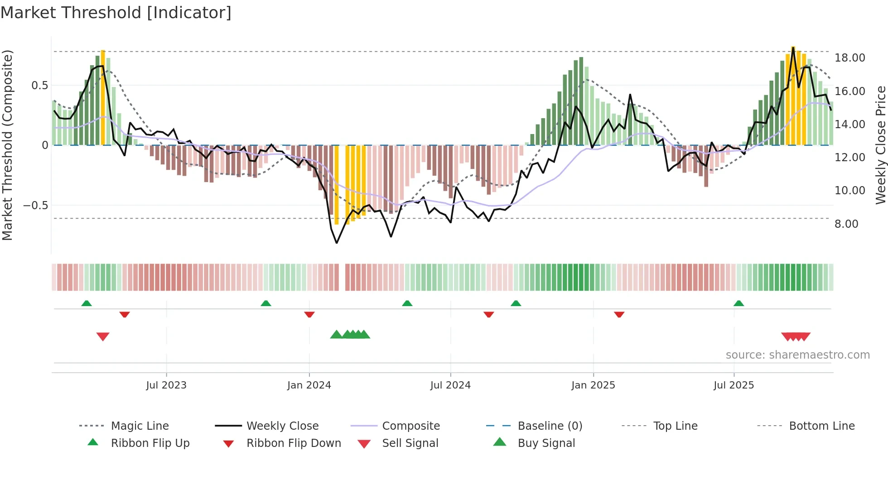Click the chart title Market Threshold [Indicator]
coord(116,13)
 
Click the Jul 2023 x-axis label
coord(166,385)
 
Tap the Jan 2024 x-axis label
coord(309,385)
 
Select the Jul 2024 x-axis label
coord(450,385)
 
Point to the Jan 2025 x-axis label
coord(593,385)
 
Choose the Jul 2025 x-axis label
coord(734,385)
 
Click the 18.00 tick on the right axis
coord(849,58)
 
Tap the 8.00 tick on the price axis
coord(846,224)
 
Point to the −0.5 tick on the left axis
coord(35,206)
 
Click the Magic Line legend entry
coord(140,426)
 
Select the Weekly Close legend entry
coord(282,426)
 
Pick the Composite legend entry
coord(410,426)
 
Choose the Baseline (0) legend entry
coord(550,426)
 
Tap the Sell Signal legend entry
coord(410,443)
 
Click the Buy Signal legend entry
coord(546,443)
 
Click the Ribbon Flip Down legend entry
coord(293,443)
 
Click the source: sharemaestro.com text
coord(797,355)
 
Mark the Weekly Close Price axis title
coord(880,145)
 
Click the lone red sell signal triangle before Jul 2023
coord(103,336)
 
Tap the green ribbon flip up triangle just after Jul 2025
coord(738,303)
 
